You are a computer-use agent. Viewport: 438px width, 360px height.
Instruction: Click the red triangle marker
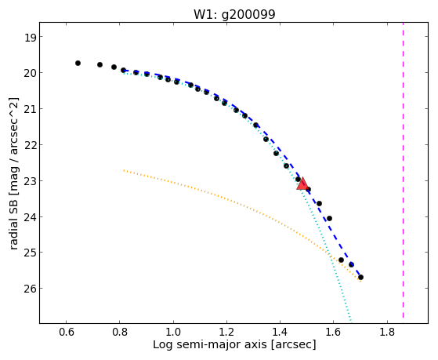coord(302,184)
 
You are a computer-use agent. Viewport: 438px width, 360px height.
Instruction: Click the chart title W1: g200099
coord(234,15)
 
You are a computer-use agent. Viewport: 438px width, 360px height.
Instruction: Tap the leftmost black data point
coord(78,64)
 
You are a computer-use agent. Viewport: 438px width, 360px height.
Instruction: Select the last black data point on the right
coord(360,277)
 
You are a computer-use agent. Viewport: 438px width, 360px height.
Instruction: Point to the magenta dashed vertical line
coord(403,170)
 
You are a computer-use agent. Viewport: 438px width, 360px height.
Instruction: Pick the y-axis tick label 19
coord(30,38)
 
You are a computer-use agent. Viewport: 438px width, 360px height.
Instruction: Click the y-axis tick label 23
coord(30,181)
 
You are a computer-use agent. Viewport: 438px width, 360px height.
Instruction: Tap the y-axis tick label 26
coord(30,289)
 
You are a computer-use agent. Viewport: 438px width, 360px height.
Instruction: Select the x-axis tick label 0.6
coord(67,332)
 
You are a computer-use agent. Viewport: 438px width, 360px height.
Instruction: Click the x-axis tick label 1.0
coord(173,332)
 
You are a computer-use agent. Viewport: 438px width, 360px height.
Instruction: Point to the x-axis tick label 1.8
coord(387,332)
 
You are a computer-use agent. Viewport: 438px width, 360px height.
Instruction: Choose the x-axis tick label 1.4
coord(281,332)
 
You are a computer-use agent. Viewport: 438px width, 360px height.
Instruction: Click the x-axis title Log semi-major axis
coord(210,344)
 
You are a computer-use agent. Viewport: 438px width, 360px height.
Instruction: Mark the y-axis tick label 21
coord(30,109)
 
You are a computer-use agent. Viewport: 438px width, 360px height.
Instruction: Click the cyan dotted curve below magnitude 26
coord(346,305)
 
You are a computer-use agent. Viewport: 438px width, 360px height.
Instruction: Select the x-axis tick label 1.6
coord(334,332)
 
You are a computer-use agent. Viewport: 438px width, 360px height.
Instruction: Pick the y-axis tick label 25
coord(30,253)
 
